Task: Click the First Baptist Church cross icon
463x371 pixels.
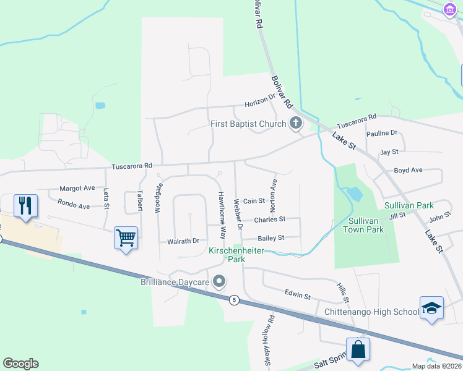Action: tap(295, 124)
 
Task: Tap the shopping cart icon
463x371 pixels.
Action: tap(126, 237)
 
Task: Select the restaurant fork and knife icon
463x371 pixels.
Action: tap(25, 205)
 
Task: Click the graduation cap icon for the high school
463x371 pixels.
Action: tap(431, 307)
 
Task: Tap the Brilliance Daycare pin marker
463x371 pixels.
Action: tap(218, 282)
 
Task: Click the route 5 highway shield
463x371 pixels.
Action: tap(234, 300)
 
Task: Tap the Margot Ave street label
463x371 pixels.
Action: tap(77, 188)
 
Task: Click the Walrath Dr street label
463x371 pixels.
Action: tap(183, 241)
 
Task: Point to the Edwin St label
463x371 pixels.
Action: tap(297, 296)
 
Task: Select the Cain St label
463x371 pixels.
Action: tap(254, 201)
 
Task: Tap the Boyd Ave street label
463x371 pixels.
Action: tap(408, 170)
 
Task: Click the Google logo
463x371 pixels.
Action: tap(20, 364)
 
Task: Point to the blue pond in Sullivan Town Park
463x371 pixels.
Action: tap(355, 194)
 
